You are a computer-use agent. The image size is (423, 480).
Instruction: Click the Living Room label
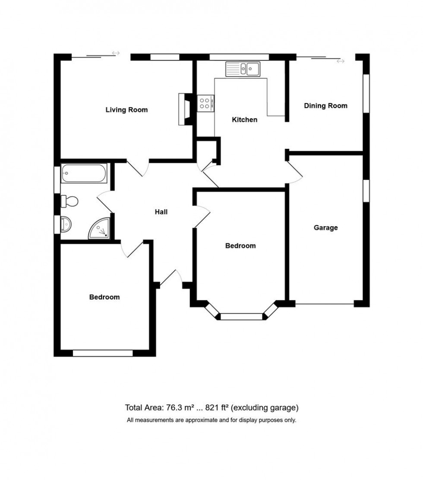click(126, 110)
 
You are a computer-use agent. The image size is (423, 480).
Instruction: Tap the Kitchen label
click(244, 120)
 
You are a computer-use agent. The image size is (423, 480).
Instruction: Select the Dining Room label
click(325, 106)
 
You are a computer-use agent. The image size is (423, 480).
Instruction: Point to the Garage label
click(325, 227)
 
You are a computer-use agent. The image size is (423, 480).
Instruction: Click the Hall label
click(161, 212)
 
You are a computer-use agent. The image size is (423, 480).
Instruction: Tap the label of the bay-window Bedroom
click(240, 246)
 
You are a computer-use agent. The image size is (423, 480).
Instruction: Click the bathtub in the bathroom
click(84, 173)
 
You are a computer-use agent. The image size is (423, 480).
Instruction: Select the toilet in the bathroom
click(70, 201)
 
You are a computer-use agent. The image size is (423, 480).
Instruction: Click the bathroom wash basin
click(66, 224)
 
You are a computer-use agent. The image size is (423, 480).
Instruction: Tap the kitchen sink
click(242, 68)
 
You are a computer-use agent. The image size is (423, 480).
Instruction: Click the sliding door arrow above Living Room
click(116, 53)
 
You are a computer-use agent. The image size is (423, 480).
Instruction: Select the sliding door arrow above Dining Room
click(341, 61)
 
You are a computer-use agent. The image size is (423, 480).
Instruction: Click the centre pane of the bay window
click(241, 316)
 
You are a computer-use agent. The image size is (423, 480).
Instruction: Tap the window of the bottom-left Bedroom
click(103, 353)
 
